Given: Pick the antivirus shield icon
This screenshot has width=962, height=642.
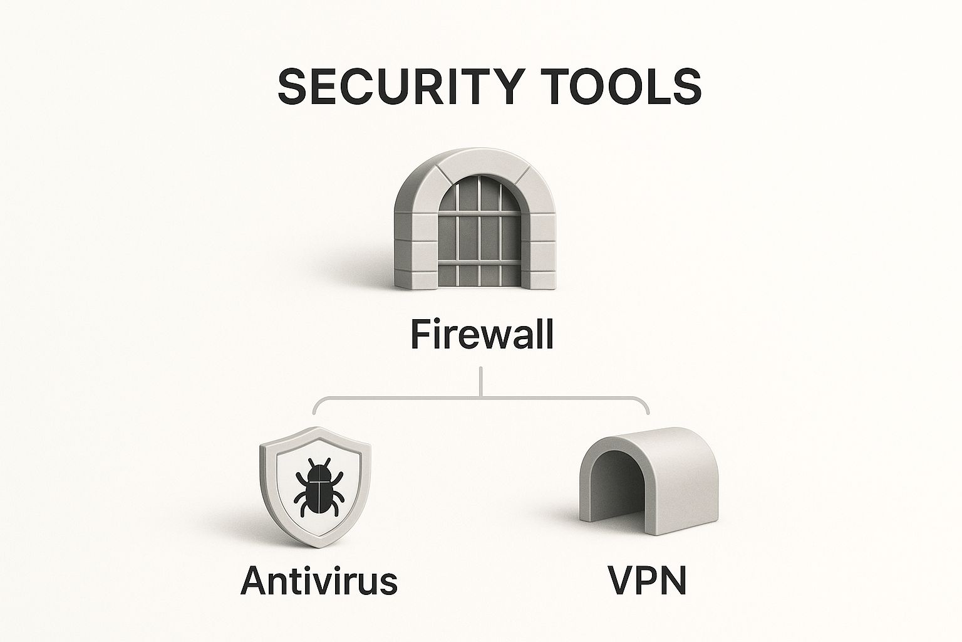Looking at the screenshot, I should [315, 486].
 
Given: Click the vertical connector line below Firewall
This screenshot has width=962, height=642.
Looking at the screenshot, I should [480, 381].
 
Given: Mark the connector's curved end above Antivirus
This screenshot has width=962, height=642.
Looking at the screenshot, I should [314, 408].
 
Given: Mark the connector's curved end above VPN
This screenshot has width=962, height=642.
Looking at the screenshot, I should [646, 408].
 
